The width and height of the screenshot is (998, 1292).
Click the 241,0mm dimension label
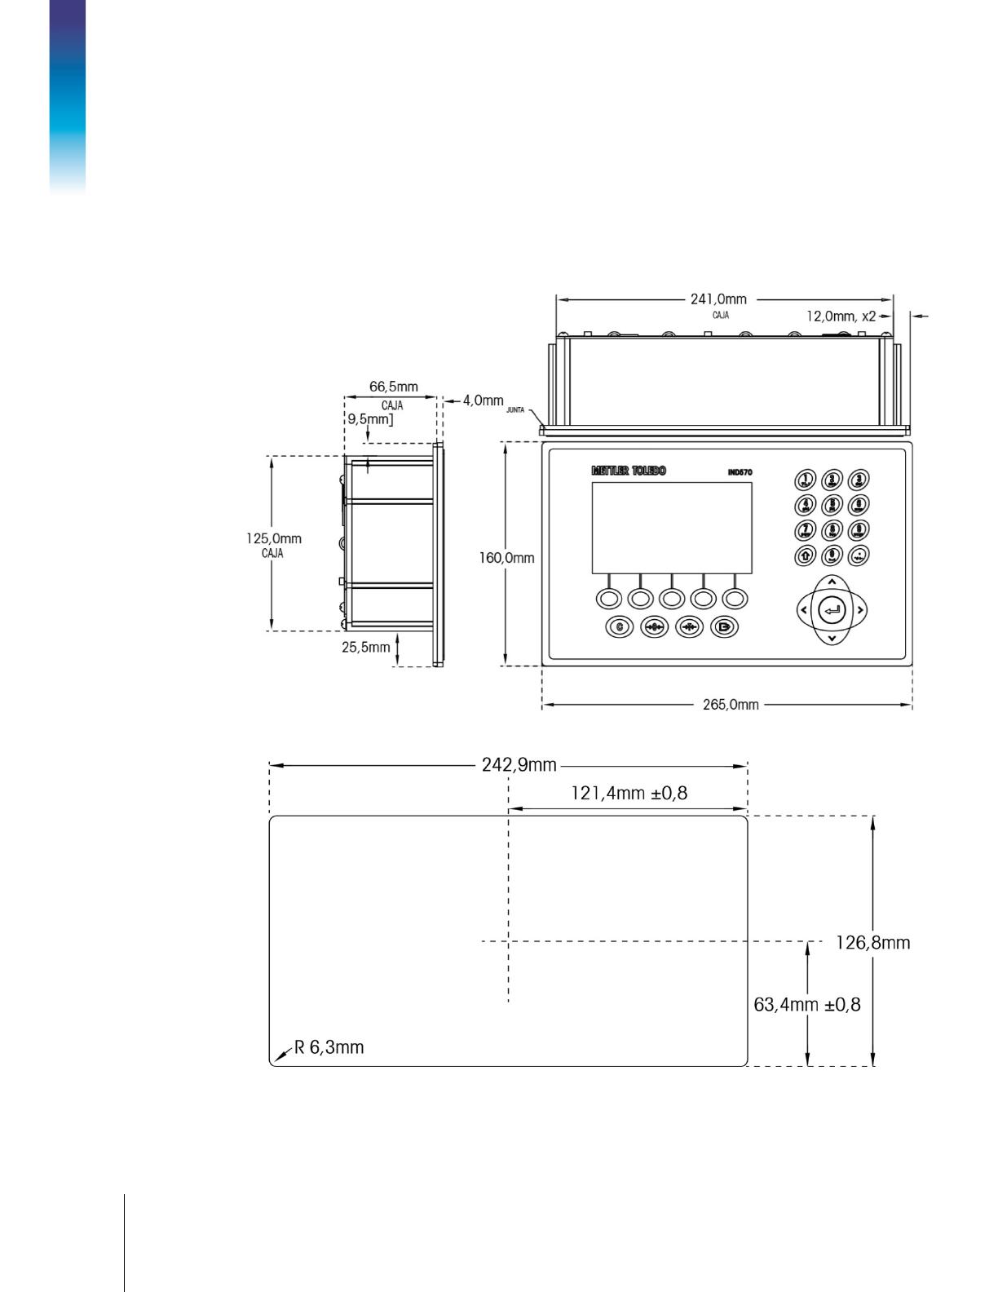pyautogui.click(x=718, y=299)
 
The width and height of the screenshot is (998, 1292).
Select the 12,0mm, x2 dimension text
pyautogui.click(x=841, y=316)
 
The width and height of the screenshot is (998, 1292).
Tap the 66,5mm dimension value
pyautogui.click(x=393, y=387)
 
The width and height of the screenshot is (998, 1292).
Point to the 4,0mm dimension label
pyautogui.click(x=484, y=400)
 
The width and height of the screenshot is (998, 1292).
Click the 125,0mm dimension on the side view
pyautogui.click(x=274, y=538)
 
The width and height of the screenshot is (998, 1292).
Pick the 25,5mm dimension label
pyautogui.click(x=366, y=647)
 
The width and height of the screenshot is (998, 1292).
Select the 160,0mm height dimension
pyautogui.click(x=506, y=558)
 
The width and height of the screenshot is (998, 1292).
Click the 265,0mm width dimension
pyautogui.click(x=731, y=705)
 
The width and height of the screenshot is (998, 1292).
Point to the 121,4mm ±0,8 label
pyautogui.click(x=629, y=793)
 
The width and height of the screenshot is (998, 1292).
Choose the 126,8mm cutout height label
pyautogui.click(x=873, y=944)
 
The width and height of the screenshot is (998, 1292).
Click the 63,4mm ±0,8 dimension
pyautogui.click(x=807, y=1005)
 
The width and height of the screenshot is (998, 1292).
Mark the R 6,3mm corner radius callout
pyautogui.click(x=329, y=1047)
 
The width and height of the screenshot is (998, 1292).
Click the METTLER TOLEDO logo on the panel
pyautogui.click(x=628, y=471)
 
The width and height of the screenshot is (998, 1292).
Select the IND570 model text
pyautogui.click(x=740, y=472)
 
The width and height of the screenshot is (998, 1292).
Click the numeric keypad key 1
pyautogui.click(x=805, y=480)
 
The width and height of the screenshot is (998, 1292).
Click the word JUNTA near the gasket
pyautogui.click(x=515, y=410)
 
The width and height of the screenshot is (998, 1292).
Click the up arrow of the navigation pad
pyautogui.click(x=831, y=582)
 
